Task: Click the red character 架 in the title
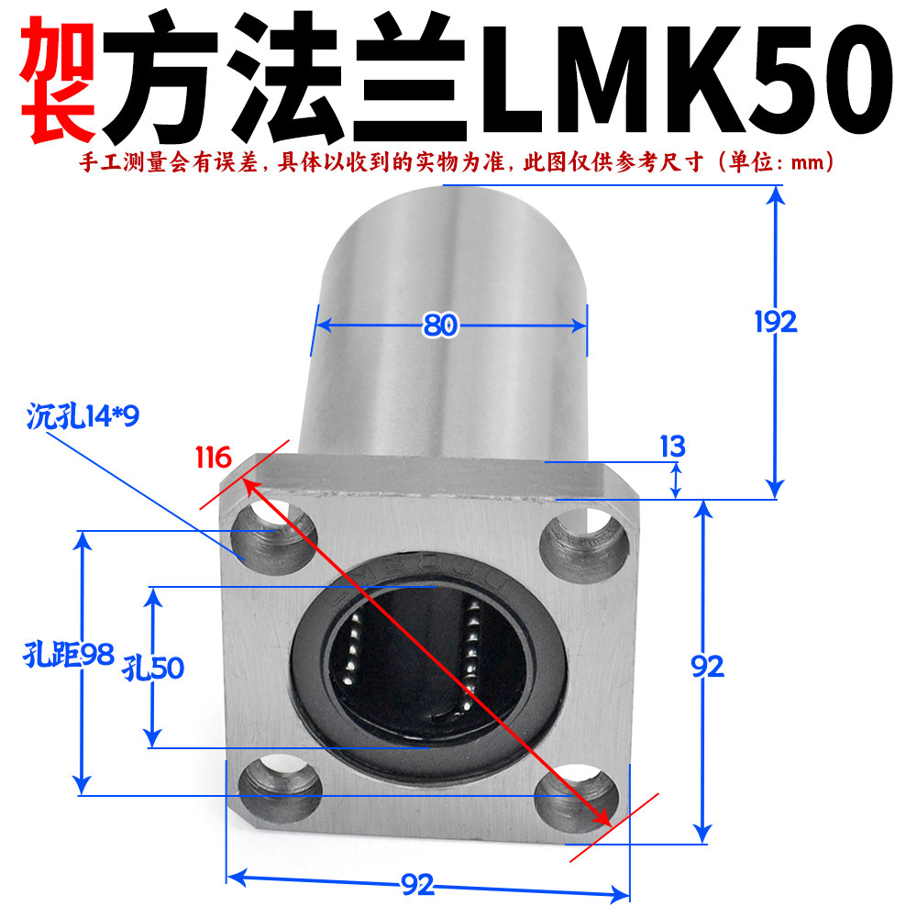point(57,79)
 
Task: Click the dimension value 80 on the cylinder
point(440,326)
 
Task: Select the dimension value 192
point(776,322)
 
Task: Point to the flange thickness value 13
point(672,447)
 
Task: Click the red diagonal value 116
point(213,458)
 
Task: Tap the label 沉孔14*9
point(83,417)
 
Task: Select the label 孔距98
point(69,655)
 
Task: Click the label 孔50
point(153,668)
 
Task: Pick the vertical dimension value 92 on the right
point(707,667)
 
